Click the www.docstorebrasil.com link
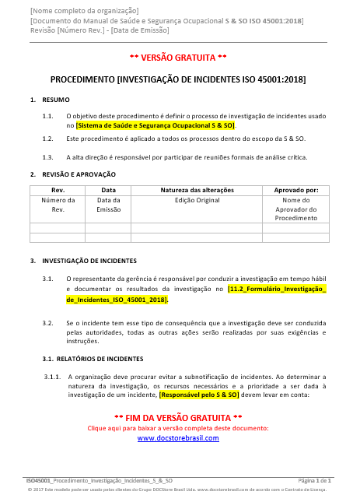click(178, 438)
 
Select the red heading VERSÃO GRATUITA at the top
click(178, 58)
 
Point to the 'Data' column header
click(108, 190)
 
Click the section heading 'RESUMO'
click(55, 100)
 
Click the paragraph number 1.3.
click(47, 156)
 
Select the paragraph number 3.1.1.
click(52, 376)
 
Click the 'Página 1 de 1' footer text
click(315, 482)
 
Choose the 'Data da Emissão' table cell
click(108, 205)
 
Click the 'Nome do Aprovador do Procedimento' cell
click(295, 209)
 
